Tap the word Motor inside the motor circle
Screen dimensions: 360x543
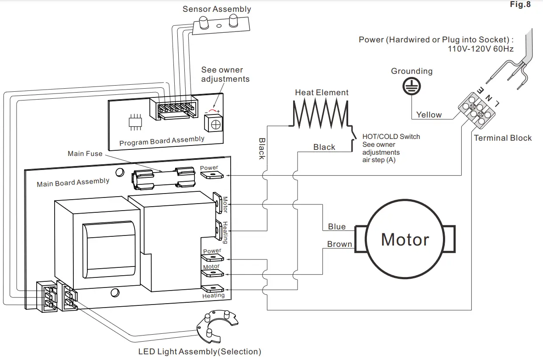[x=405, y=239]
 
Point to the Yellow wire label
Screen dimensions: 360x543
[x=429, y=114]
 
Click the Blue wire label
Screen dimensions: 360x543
[x=337, y=226]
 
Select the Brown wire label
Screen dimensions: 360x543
[x=339, y=244]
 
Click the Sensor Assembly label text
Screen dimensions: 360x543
[x=217, y=9]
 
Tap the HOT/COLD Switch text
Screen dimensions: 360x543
[x=391, y=136]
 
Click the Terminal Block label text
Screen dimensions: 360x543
[x=503, y=138]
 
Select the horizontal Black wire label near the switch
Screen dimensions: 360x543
[x=324, y=147]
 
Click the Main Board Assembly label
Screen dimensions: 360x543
[x=73, y=183]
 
